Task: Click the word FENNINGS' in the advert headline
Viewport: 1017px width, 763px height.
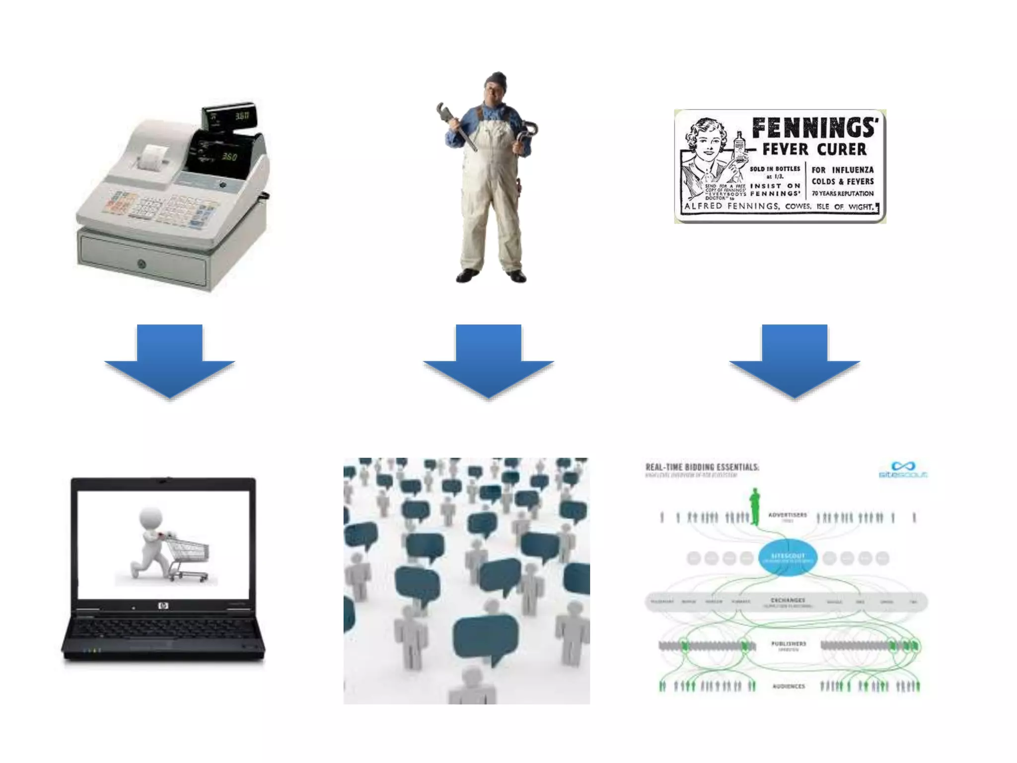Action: point(814,128)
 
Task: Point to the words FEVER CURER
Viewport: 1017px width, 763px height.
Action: point(814,149)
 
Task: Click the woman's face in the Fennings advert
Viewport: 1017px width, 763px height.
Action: point(708,142)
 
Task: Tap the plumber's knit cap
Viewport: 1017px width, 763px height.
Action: point(496,79)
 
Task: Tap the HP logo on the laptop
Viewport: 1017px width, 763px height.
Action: point(163,606)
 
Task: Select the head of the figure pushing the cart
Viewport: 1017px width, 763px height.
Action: point(151,518)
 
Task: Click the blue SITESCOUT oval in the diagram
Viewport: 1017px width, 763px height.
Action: point(788,557)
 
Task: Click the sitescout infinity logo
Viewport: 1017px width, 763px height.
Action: point(903,466)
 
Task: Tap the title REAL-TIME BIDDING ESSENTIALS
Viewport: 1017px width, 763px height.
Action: point(702,467)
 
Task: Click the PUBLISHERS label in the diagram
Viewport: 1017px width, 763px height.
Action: point(789,644)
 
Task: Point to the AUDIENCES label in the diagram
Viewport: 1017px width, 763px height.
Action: point(789,686)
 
